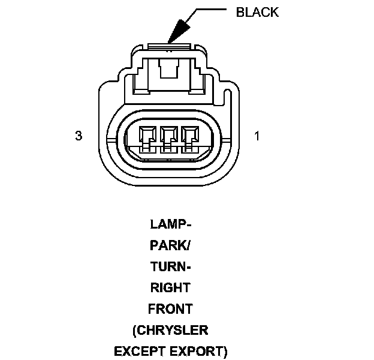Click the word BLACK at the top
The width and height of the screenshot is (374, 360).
[x=258, y=12]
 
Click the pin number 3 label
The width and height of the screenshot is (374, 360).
[x=79, y=136]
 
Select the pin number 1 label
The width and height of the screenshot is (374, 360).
[x=257, y=136]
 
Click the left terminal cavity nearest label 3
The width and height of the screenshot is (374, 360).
[x=146, y=139]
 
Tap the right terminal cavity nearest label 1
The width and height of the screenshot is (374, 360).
[x=191, y=139]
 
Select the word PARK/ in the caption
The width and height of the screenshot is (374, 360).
[x=170, y=246]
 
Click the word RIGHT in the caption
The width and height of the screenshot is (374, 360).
[x=170, y=288]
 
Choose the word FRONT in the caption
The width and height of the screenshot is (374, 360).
[x=170, y=309]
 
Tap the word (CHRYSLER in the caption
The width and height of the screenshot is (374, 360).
[x=170, y=330]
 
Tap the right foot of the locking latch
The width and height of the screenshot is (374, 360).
[x=198, y=90]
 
